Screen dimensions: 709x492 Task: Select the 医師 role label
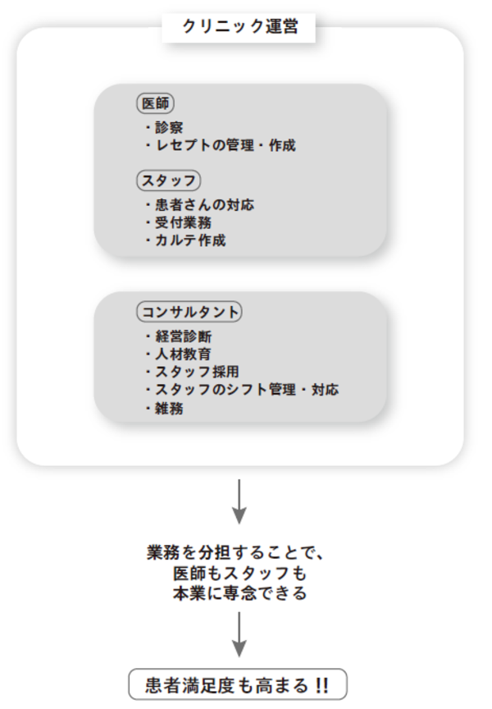(155, 104)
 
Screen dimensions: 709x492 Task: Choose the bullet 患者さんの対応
(198, 204)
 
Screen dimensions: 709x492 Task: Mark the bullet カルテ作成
(184, 240)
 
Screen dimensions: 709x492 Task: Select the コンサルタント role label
(189, 313)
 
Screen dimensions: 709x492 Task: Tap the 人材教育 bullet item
(178, 354)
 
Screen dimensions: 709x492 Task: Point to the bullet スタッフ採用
(191, 372)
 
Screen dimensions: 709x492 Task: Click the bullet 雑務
(164, 408)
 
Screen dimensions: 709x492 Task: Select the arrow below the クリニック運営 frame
(239, 501)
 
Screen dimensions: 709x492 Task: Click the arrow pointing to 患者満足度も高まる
(239, 634)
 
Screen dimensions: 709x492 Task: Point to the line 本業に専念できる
(239, 592)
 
